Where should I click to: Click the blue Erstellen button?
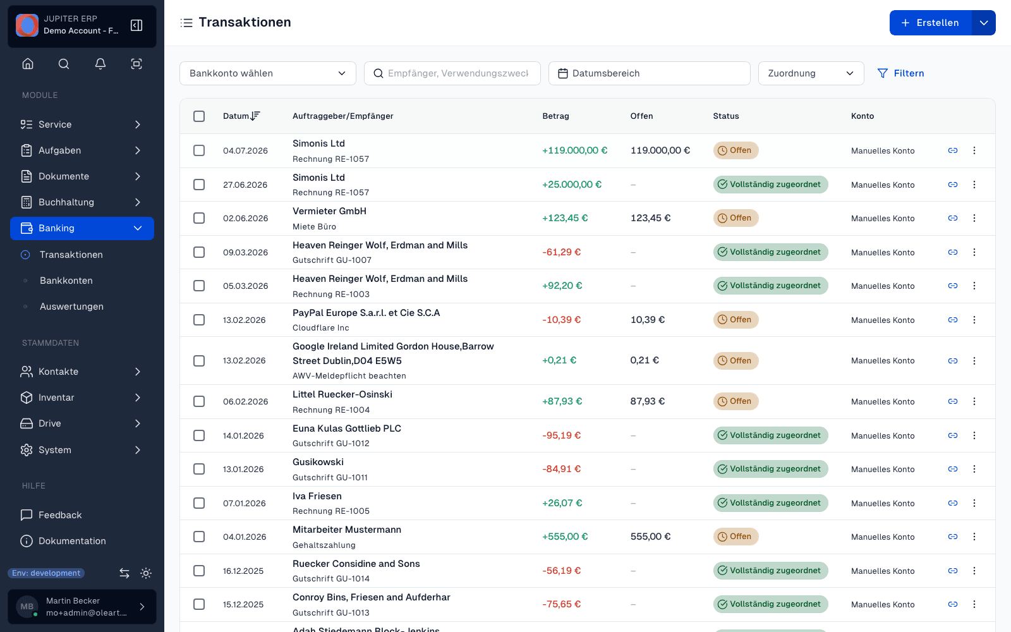930,23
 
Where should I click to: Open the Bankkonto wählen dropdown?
268,73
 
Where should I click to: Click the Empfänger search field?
452,73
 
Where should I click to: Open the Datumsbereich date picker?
649,73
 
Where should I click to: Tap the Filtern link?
900,73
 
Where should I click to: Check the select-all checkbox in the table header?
199,116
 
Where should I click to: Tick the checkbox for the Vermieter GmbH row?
199,218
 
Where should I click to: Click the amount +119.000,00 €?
574,150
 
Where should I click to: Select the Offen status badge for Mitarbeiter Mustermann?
736,537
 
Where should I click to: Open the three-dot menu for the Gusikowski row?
974,469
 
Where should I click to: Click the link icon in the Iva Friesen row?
953,503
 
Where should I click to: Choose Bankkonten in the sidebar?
66,281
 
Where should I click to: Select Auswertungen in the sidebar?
71,306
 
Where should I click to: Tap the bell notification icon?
100,64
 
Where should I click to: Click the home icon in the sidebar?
28,64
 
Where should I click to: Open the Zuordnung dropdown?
811,73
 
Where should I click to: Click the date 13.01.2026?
243,469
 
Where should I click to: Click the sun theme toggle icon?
146,573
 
